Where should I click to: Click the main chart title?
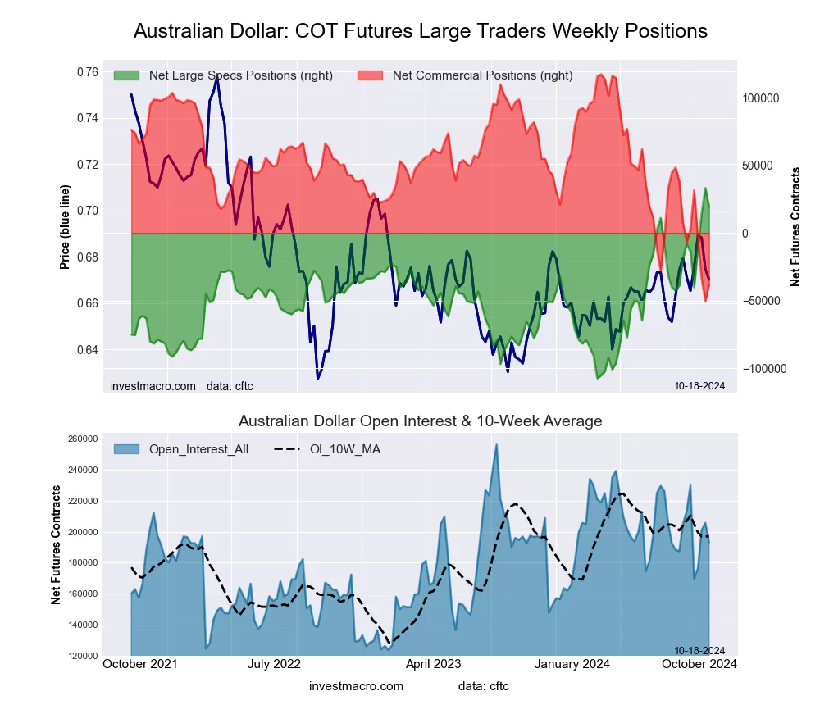(x=420, y=31)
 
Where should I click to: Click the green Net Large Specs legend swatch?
(x=127, y=75)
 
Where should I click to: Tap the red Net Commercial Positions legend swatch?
(x=371, y=75)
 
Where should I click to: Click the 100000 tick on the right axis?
(x=759, y=98)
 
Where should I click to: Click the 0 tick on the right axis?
(x=746, y=234)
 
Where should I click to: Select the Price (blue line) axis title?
(x=65, y=228)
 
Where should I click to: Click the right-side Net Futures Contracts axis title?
(x=795, y=227)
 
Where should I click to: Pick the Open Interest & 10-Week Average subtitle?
(x=420, y=421)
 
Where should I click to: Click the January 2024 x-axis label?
(x=577, y=664)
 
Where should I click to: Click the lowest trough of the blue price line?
(x=318, y=379)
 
